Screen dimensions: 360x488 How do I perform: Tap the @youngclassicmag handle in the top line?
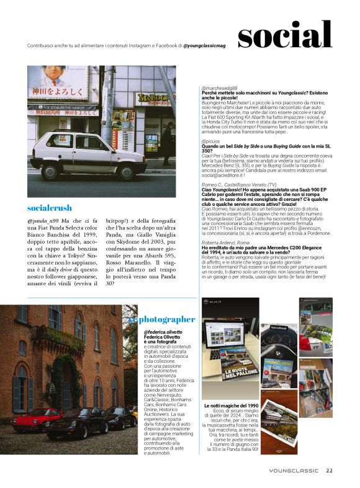tap(207, 47)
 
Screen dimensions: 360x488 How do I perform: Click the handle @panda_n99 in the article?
tap(42, 221)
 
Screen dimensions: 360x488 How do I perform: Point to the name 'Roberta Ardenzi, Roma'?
tap(225, 244)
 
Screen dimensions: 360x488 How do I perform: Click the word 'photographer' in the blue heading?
tap(164, 319)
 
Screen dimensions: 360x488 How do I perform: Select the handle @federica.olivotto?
tap(163, 332)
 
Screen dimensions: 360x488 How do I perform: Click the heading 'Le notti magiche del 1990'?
tap(230, 405)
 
